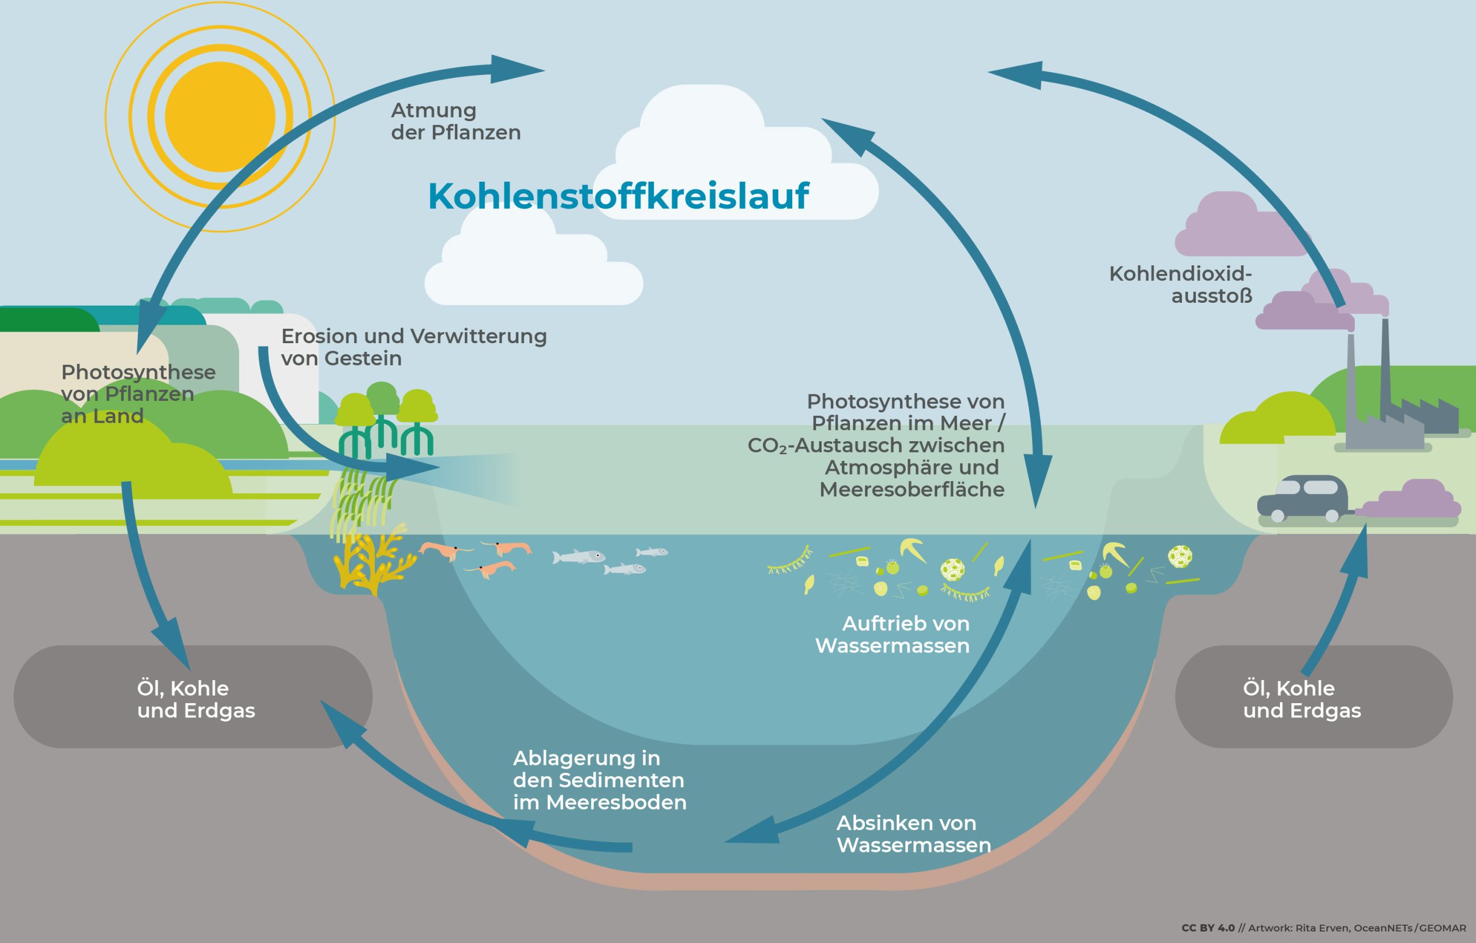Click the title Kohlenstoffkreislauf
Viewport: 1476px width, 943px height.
pos(618,196)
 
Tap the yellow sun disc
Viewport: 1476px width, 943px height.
pos(220,117)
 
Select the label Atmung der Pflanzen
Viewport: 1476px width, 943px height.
pos(455,121)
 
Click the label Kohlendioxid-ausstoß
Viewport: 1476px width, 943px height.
pos(1180,284)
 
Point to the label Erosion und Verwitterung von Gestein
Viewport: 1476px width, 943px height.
pos(414,347)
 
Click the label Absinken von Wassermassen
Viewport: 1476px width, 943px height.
pos(913,834)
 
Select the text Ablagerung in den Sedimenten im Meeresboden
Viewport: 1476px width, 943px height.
pos(599,780)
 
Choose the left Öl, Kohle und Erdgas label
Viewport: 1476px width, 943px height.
pos(195,699)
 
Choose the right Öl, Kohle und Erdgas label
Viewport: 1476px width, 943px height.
pos(1301,699)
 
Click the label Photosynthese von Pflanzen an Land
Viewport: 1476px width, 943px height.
pos(138,393)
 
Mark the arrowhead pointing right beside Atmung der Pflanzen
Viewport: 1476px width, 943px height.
pos(515,69)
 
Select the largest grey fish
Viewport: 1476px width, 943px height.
pos(579,557)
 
